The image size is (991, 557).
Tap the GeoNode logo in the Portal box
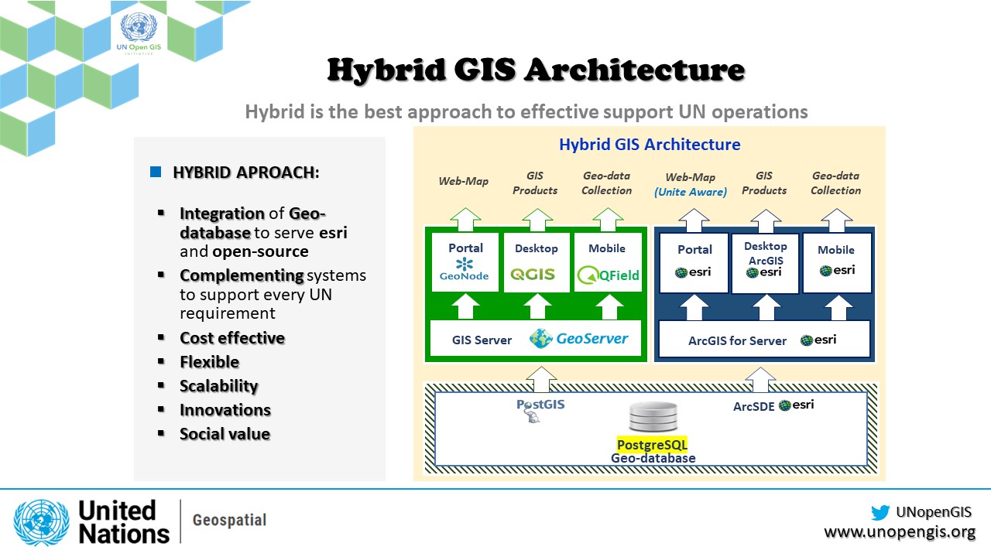(465, 270)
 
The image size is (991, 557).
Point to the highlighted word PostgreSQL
(652, 445)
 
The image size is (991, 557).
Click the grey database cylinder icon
(653, 418)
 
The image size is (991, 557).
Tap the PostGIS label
(540, 405)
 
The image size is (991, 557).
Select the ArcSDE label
(753, 406)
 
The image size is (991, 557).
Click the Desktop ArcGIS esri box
(765, 263)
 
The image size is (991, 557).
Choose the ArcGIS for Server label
(737, 340)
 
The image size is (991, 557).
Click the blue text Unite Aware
(691, 192)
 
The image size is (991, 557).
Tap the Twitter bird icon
(880, 512)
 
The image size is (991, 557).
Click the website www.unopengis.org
(899, 532)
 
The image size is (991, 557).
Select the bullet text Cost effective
(232, 338)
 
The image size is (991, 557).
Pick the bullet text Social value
(225, 434)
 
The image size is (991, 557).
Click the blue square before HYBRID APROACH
(156, 172)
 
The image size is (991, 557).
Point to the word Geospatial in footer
(228, 521)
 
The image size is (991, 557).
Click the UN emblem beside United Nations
(41, 522)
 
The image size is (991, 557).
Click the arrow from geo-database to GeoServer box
(540, 378)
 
